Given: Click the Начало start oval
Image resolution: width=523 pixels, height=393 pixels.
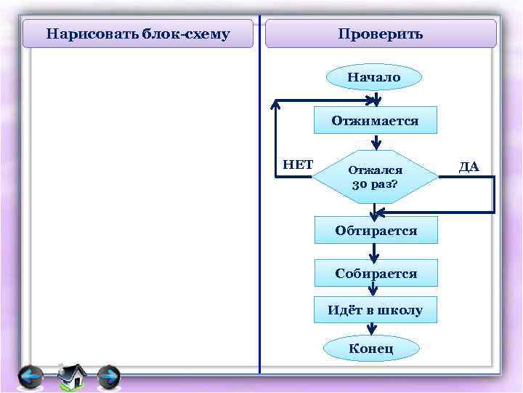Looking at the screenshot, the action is point(373,76).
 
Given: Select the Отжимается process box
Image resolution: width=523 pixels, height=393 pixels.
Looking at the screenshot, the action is point(375,120).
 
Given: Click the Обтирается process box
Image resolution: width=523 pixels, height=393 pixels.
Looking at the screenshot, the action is point(376,230).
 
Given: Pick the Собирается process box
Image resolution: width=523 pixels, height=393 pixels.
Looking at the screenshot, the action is point(376,273).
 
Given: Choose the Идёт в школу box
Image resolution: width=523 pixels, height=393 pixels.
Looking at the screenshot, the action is point(375,310).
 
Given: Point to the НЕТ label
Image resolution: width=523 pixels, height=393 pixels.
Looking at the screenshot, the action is point(297,164).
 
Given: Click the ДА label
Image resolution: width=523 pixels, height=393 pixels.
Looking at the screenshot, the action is point(469,167).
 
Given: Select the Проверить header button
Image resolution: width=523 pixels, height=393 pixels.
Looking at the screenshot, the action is point(381,34).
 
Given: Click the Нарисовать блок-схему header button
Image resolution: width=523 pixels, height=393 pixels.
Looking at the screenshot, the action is point(138,34).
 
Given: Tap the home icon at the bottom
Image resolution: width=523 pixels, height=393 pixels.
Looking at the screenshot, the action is point(71,376).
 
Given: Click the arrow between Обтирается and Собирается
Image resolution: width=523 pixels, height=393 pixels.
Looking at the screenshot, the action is point(375,252).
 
